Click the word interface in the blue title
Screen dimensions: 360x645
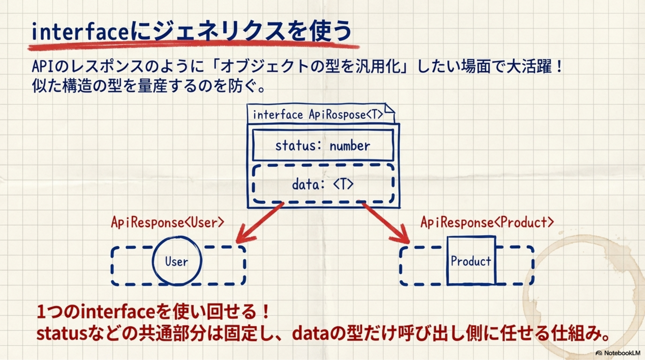tap(81, 32)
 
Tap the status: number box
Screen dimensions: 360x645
tap(323, 145)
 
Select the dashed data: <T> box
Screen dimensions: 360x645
tap(323, 184)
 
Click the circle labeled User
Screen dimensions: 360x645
tap(177, 261)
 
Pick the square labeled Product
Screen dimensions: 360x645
tap(471, 261)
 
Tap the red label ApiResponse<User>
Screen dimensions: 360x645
tap(167, 222)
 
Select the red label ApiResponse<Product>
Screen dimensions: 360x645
tap(487, 222)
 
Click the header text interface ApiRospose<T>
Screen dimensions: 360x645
tap(318, 115)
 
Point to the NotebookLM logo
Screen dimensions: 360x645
tap(618, 353)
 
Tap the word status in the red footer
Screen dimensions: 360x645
tap(62, 333)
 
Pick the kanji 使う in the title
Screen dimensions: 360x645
tap(331, 31)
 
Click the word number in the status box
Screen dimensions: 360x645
tap(350, 146)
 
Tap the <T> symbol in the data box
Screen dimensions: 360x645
tap(343, 184)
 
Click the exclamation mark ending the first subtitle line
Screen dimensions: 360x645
tap(560, 66)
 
